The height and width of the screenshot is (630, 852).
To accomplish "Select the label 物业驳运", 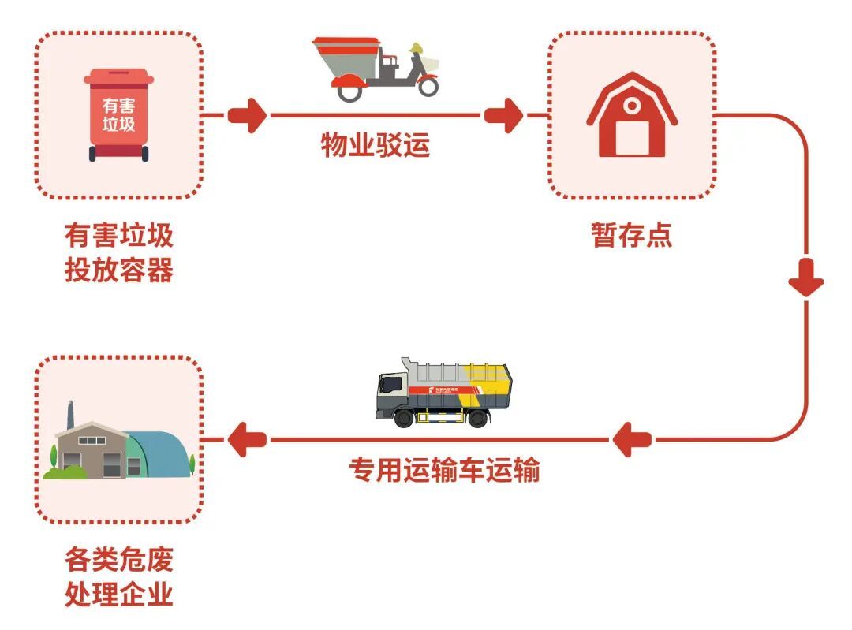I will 375,146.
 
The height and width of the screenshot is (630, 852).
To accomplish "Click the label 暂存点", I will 632,235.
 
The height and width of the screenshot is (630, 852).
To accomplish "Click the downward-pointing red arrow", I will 806,280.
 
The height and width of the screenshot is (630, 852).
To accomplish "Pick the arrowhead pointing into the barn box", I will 505,116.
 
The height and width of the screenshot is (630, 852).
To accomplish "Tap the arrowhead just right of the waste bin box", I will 247,116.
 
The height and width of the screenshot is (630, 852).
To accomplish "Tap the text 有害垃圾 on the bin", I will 118,115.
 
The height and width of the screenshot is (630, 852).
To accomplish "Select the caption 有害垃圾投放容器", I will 118,253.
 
